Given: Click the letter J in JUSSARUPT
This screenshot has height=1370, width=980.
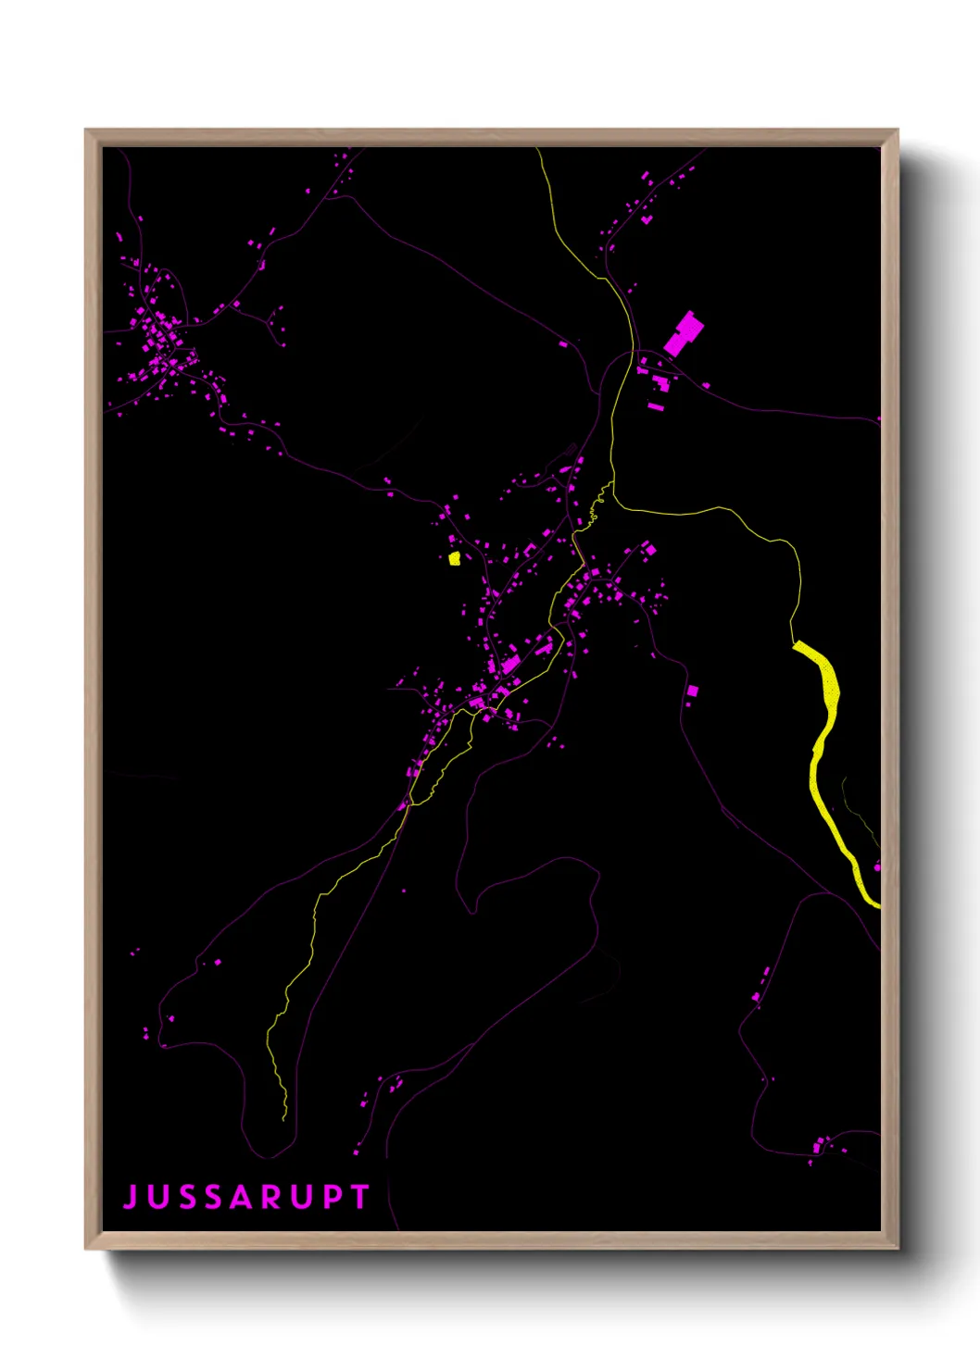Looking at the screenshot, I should coord(131,1197).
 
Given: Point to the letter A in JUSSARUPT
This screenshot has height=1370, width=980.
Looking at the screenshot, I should coord(243,1197).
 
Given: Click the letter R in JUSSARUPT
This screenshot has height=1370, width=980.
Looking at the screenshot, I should coord(272,1197).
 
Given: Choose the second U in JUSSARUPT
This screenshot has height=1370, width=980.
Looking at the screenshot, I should coord(302,1197).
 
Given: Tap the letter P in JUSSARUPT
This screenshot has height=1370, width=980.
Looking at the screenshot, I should coord(332,1197).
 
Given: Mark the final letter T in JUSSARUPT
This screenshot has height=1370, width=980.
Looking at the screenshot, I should coord(359,1197).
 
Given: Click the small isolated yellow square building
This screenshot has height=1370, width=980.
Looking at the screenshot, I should coord(454,558).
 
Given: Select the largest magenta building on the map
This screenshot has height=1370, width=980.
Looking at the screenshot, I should coord(684,334).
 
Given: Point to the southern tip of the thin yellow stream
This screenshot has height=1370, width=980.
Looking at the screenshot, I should coord(284,1118).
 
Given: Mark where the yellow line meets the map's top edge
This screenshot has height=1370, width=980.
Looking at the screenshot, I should coord(537,149).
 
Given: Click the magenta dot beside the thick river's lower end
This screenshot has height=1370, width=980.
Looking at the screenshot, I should coord(876,867).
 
